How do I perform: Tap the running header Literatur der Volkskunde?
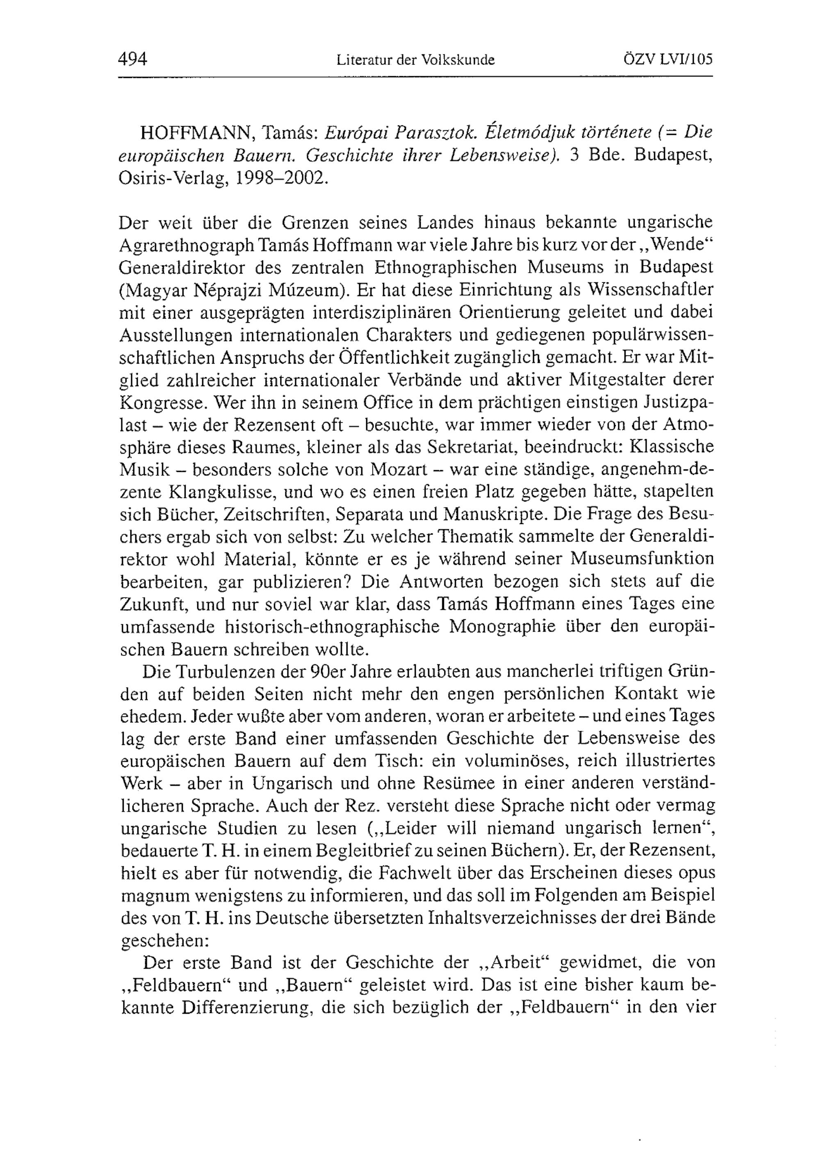pos(415,60)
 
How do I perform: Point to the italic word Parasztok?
pos(435,133)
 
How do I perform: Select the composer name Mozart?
pos(399,469)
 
